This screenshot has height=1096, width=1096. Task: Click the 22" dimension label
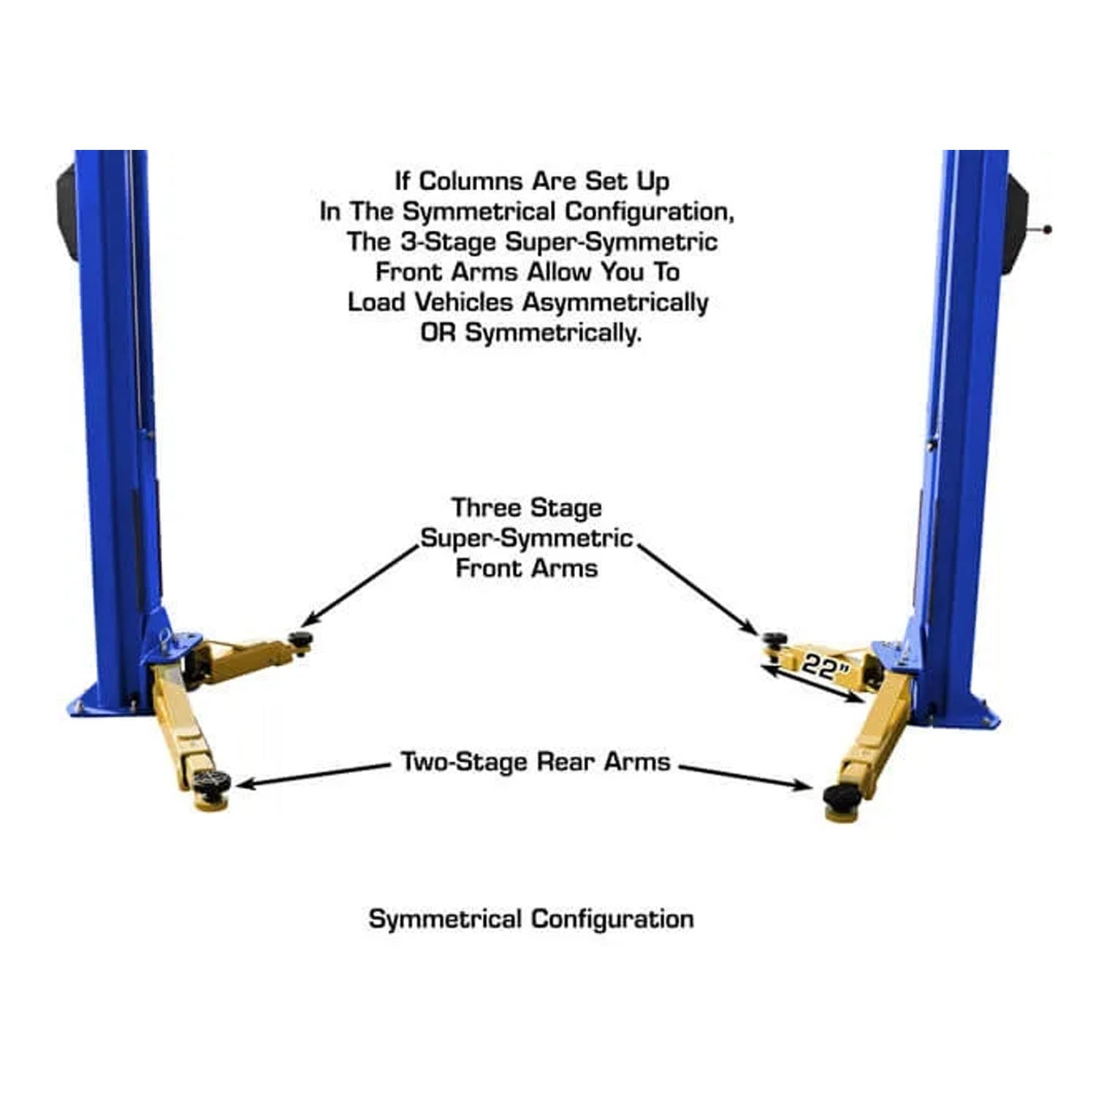826,667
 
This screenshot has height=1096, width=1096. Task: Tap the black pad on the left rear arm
213,781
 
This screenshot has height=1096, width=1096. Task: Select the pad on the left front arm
300,639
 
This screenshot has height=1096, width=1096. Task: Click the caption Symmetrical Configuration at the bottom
531,918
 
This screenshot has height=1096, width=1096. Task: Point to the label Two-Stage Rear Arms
535,762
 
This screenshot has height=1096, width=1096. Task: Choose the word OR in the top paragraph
438,333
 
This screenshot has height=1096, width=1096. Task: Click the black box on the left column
68,212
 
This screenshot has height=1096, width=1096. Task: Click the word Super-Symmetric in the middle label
526,539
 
